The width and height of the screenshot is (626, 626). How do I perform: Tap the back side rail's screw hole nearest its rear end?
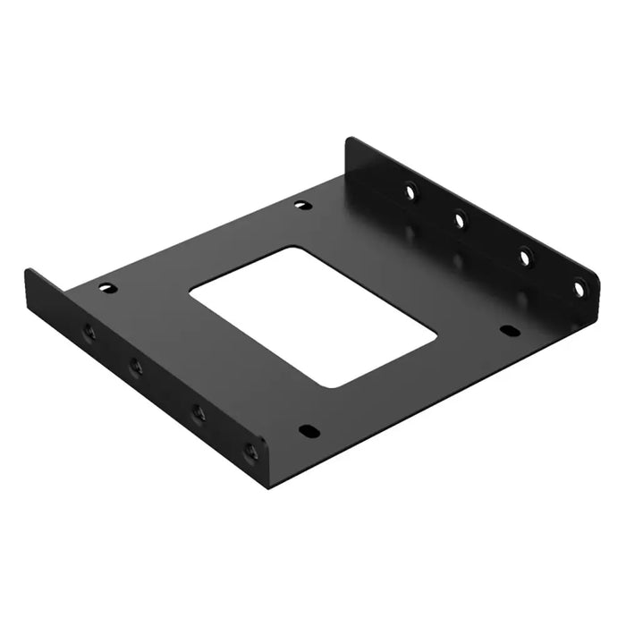pyautogui.click(x=410, y=190)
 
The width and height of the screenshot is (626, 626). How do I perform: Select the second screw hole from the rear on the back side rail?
pyautogui.click(x=460, y=217)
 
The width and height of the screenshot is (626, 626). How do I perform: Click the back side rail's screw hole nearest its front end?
pyautogui.click(x=579, y=288)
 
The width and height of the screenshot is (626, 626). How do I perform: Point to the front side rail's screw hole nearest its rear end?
pyautogui.click(x=89, y=332)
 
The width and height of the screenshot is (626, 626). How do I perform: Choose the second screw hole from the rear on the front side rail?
pyautogui.click(x=136, y=364)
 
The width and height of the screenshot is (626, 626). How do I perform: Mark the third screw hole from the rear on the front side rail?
pyautogui.click(x=198, y=412)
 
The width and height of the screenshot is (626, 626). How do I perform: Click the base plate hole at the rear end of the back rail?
pyautogui.click(x=301, y=205)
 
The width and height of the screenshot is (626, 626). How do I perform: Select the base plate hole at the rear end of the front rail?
pyautogui.click(x=107, y=288)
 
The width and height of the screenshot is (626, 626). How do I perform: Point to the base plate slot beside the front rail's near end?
pyautogui.click(x=308, y=431)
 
